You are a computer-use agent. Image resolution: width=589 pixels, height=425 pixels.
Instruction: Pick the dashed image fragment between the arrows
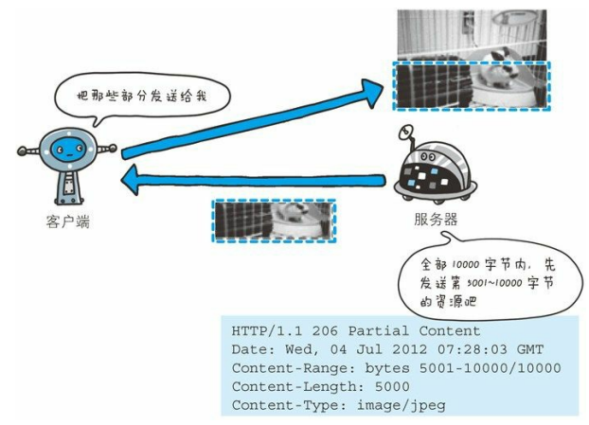click(274, 221)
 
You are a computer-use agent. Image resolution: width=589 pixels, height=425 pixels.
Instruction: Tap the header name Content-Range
click(284, 368)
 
